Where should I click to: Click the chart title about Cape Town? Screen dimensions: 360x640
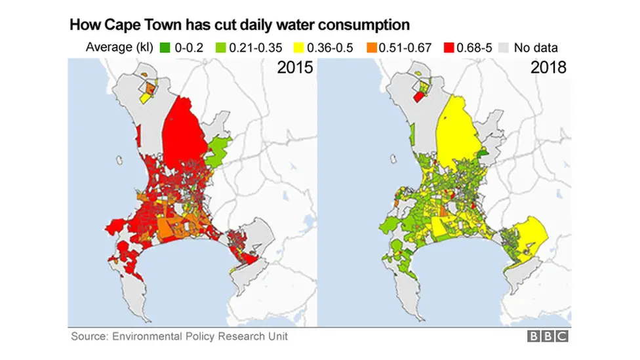[x=239, y=25]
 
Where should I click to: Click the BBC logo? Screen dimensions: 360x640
[x=548, y=336]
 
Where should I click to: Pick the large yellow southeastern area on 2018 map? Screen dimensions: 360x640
[x=532, y=236]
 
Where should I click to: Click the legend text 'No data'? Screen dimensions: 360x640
[x=536, y=47]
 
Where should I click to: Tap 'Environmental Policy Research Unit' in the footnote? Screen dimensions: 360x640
[x=200, y=336]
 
